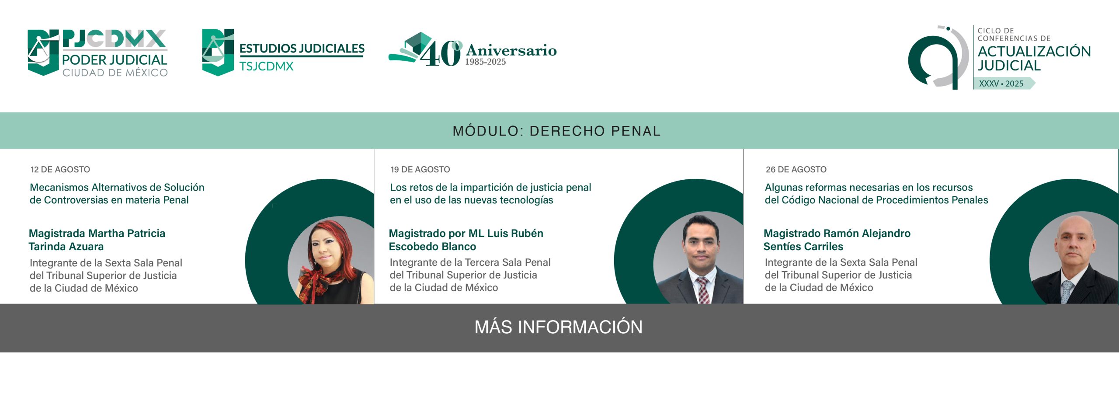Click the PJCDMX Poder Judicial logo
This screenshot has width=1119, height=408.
pos(97,53)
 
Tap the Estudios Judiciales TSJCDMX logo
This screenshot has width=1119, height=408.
pos(283,53)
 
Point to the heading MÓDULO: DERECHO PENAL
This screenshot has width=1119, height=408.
pos(556,131)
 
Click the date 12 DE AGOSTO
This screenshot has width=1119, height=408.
pos(60,169)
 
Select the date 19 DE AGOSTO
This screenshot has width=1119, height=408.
pos(420,169)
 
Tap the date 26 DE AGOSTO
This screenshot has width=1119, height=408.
pos(796,169)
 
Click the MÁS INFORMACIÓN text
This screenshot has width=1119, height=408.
pos(559,327)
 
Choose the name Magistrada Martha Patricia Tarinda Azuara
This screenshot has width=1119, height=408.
pos(97,240)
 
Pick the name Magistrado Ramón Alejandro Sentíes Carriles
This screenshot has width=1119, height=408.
pos(837,240)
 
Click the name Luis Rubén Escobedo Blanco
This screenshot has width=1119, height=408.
pos(466,240)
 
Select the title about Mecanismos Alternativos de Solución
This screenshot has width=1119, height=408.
pos(117,194)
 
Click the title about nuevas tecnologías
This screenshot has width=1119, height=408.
pos(490,194)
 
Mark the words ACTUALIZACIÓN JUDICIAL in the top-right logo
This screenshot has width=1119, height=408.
pos(1034,58)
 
